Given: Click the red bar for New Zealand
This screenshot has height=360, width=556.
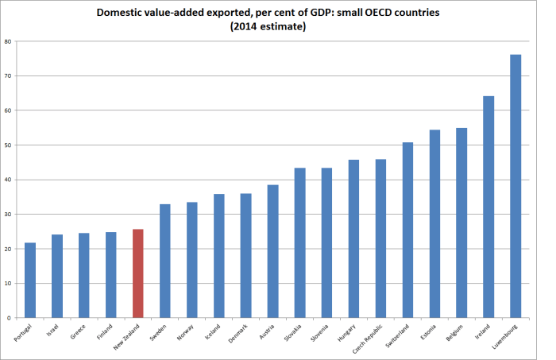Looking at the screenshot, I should (x=138, y=273).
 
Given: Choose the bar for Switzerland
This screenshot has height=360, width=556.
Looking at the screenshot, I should (x=407, y=230).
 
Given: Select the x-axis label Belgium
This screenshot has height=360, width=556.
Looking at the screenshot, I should (x=456, y=331).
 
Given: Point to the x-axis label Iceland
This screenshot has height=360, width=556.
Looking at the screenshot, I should (x=214, y=331).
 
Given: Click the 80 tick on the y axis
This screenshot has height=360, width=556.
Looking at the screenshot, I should (x=8, y=41).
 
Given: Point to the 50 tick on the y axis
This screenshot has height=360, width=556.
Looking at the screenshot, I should (x=8, y=145).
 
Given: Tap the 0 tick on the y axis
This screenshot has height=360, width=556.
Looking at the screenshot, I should (x=10, y=318).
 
